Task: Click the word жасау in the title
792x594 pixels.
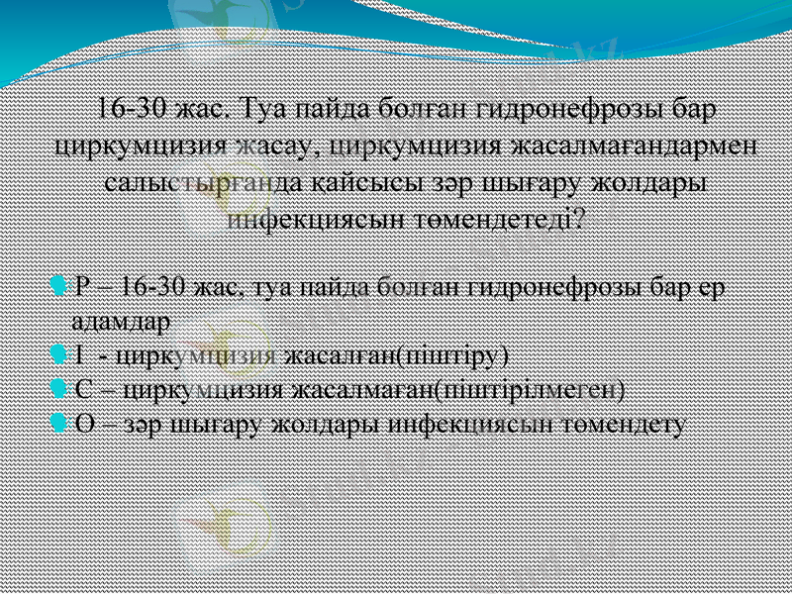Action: pos(275,146)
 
